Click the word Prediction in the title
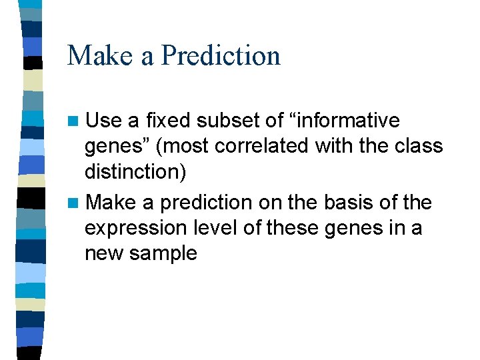pos(221,55)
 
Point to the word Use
pos(103,121)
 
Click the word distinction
pos(133,171)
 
